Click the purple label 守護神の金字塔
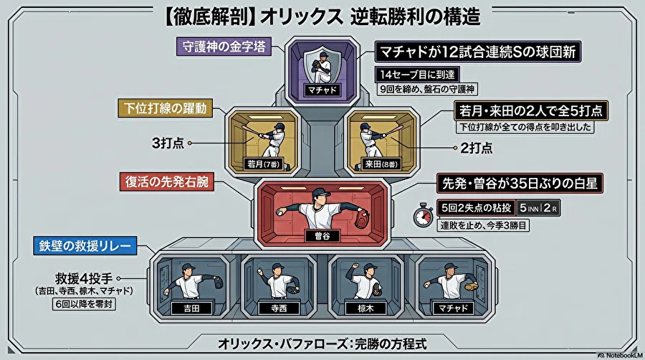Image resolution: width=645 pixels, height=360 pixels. pyautogui.click(x=224, y=47)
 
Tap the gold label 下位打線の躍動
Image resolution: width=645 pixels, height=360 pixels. pyautogui.click(x=166, y=108)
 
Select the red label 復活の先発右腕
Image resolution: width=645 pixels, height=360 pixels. pyautogui.click(x=166, y=181)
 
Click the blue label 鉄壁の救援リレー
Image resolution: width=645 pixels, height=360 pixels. pyautogui.click(x=85, y=246)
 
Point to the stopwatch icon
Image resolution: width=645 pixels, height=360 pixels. pyautogui.click(x=424, y=214)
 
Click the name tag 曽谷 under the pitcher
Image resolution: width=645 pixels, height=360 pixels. pyautogui.click(x=322, y=236)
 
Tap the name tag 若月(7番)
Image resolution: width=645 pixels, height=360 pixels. pyautogui.click(x=263, y=164)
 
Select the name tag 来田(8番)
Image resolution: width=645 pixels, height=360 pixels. pyautogui.click(x=381, y=164)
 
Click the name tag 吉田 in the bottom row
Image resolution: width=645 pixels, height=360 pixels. pyautogui.click(x=191, y=308)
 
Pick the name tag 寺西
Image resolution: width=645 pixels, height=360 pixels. pyautogui.click(x=279, y=308)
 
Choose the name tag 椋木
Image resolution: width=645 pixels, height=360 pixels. pyautogui.click(x=365, y=308)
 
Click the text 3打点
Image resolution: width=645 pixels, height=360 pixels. pyautogui.click(x=168, y=143)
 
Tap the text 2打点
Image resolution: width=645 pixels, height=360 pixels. pyautogui.click(x=477, y=148)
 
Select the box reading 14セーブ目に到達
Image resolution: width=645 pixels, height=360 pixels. pyautogui.click(x=417, y=75)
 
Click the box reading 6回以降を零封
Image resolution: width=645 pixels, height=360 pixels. pyautogui.click(x=84, y=304)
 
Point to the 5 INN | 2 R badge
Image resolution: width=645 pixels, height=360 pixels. pyautogui.click(x=538, y=208)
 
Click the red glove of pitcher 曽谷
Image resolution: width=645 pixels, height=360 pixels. pyautogui.click(x=362, y=219)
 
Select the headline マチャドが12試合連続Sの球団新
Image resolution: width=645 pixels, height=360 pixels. pyautogui.click(x=477, y=52)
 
